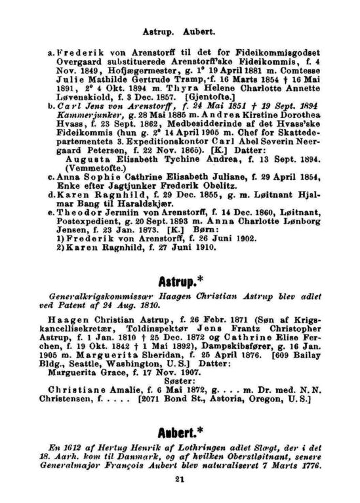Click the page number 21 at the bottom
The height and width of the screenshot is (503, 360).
coord(180,479)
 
